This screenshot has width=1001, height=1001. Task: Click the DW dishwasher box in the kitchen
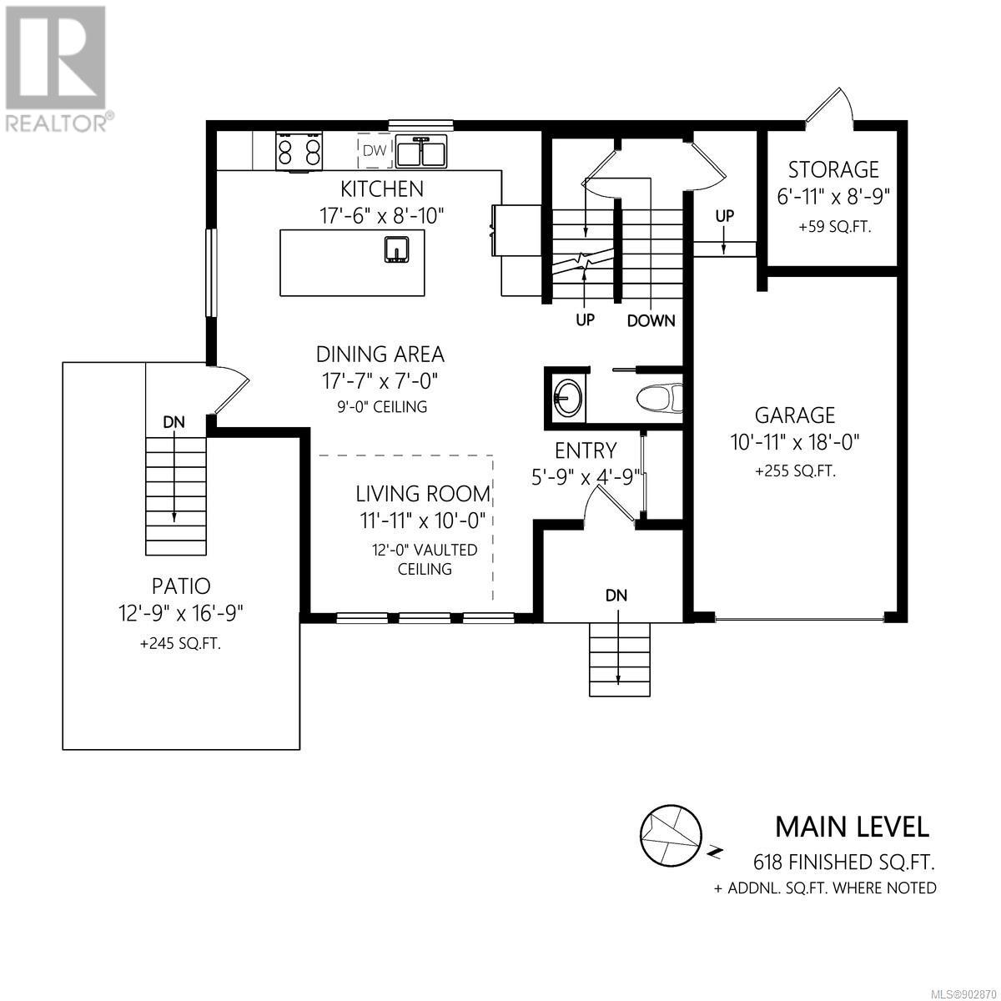tap(375, 151)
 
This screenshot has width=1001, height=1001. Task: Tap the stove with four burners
tap(298, 151)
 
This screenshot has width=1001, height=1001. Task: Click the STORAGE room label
tap(833, 170)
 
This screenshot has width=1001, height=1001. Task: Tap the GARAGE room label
tap(795, 415)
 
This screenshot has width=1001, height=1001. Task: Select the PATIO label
tap(181, 586)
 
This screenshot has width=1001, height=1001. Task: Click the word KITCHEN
tap(382, 189)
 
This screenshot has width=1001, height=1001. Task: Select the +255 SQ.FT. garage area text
tap(795, 471)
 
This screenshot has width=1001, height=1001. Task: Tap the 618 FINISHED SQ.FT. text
tap(844, 863)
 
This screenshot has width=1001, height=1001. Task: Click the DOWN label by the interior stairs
tap(651, 320)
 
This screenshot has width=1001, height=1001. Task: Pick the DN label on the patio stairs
tap(174, 422)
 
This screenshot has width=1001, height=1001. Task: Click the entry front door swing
tap(609, 505)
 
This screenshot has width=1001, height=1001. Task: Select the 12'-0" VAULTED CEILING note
tap(425, 559)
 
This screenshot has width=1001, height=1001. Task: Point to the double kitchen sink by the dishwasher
tap(422, 152)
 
